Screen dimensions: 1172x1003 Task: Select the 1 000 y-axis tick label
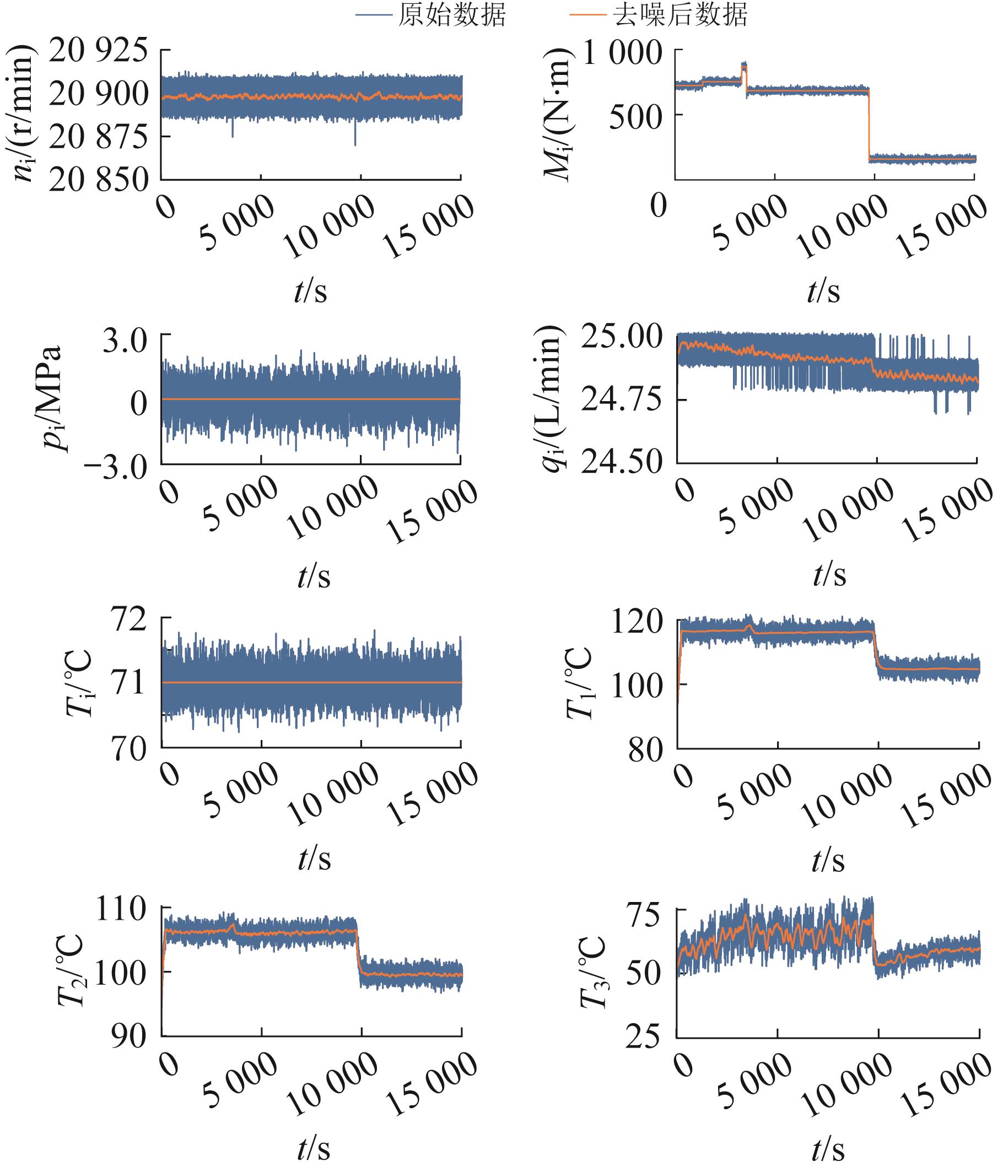pyautogui.click(x=622, y=54)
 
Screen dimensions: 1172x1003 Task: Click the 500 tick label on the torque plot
pyautogui.click(x=635, y=116)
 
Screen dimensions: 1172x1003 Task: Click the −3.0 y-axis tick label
pyautogui.click(x=116, y=467)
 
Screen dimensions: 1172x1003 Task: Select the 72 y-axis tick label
pyautogui.click(x=130, y=620)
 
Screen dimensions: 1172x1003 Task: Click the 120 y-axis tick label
pyautogui.click(x=637, y=622)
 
